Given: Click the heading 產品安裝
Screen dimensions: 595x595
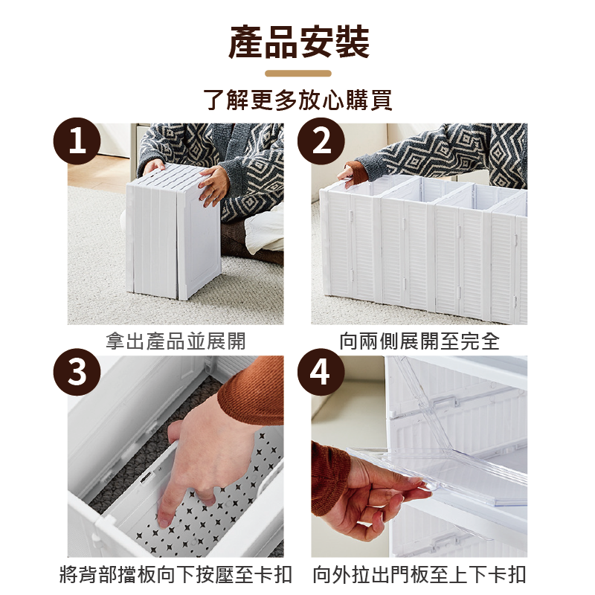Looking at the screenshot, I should click(297, 42).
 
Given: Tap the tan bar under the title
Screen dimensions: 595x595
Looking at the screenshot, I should click(297, 74).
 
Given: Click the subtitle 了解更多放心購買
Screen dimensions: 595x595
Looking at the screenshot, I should click(297, 100).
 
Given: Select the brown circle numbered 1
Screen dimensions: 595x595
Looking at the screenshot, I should click(77, 141).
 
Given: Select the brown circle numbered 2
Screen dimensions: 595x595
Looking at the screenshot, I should click(321, 141).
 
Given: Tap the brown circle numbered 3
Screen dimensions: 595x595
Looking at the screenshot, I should click(77, 373).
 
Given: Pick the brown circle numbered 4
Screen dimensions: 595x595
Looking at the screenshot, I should click(321, 373).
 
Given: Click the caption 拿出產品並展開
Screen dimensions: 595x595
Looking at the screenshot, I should click(176, 341).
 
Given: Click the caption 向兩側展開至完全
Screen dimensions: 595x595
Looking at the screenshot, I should click(419, 341).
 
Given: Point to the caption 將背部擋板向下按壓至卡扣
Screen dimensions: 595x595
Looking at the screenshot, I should click(176, 574).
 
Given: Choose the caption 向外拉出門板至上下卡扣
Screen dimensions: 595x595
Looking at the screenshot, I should click(419, 574).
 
